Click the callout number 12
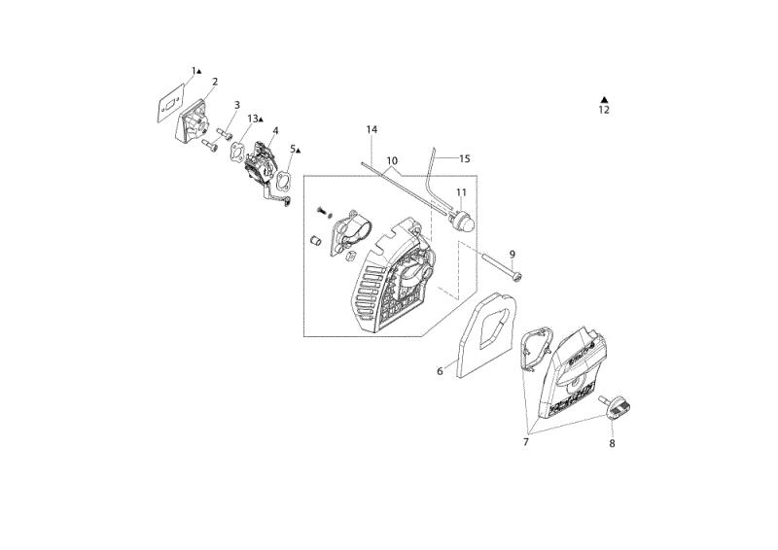tap(604, 110)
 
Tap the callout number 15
tap(465, 158)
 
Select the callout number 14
tap(371, 129)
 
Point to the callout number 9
tap(513, 254)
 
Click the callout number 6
tap(440, 370)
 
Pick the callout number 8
tap(612, 443)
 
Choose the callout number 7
tap(526, 442)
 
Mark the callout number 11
tap(461, 192)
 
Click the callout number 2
tap(215, 82)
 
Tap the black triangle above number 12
tap(604, 100)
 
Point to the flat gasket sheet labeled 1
tap(169, 105)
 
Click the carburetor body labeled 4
tap(262, 163)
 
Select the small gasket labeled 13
tap(237, 151)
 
